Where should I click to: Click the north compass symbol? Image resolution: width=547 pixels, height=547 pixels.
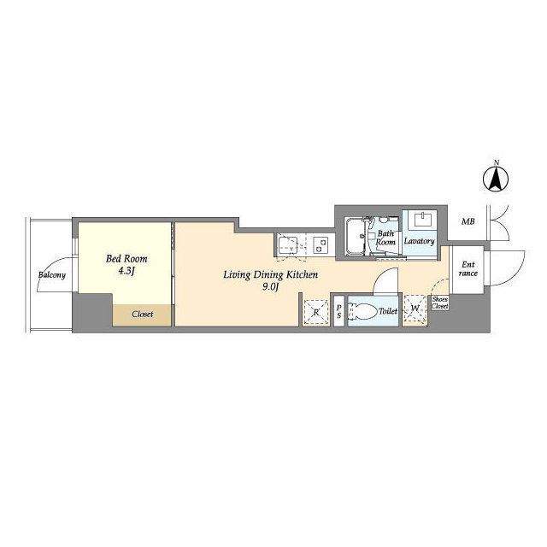pyautogui.click(x=496, y=179)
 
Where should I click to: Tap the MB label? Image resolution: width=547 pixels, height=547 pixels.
pyautogui.click(x=468, y=221)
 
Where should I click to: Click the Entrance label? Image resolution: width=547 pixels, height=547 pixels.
pyautogui.click(x=468, y=269)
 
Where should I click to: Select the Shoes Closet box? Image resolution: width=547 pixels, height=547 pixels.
pyautogui.click(x=439, y=303)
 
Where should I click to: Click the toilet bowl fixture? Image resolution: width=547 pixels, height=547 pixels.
pyautogui.click(x=364, y=310)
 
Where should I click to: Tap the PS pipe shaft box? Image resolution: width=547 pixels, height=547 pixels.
pyautogui.click(x=339, y=311)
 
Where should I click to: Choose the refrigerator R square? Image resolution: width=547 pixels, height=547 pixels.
pyautogui.click(x=315, y=311)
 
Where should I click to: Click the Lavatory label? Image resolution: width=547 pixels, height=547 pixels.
pyautogui.click(x=420, y=241)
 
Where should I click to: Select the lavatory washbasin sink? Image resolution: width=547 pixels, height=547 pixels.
pyautogui.click(x=423, y=221)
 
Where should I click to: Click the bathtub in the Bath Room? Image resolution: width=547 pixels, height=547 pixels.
pyautogui.click(x=355, y=236)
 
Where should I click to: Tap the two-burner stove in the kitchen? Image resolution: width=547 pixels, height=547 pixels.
pyautogui.click(x=321, y=244)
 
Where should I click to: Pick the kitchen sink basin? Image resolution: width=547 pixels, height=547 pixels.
pyautogui.click(x=288, y=244)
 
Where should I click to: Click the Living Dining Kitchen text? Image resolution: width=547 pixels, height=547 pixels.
pyautogui.click(x=271, y=275)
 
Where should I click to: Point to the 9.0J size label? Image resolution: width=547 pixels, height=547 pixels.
pyautogui.click(x=271, y=287)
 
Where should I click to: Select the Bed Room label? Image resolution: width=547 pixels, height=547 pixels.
pyautogui.click(x=126, y=258)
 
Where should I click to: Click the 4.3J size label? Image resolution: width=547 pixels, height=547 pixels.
pyautogui.click(x=126, y=271)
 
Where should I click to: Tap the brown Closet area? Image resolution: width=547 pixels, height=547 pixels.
pyautogui.click(x=142, y=315)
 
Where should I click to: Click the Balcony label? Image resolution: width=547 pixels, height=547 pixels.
pyautogui.click(x=52, y=274)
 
